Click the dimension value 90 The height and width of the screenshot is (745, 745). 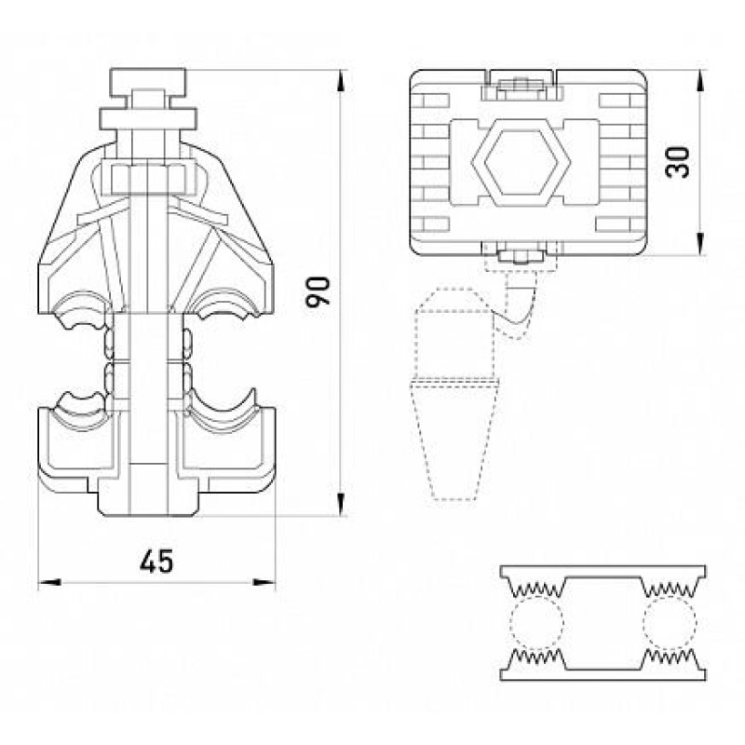click(x=318, y=291)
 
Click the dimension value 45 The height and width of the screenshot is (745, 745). click(x=156, y=562)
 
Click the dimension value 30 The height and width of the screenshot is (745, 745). click(x=678, y=162)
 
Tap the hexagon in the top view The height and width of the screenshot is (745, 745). click(x=521, y=162)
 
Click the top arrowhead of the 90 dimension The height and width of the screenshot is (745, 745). click(x=341, y=81)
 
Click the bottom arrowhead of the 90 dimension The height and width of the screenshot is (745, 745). click(x=341, y=505)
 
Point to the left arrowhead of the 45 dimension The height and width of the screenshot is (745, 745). click(x=49, y=582)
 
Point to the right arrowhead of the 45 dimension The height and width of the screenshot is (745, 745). click(x=264, y=582)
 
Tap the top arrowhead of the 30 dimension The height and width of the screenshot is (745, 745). click(x=701, y=81)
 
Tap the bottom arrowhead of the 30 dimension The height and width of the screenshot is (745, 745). click(x=701, y=244)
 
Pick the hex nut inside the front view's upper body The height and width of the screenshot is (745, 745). click(x=148, y=178)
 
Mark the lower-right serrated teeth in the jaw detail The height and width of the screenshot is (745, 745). click(x=670, y=657)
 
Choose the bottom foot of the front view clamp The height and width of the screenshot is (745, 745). click(x=148, y=497)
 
